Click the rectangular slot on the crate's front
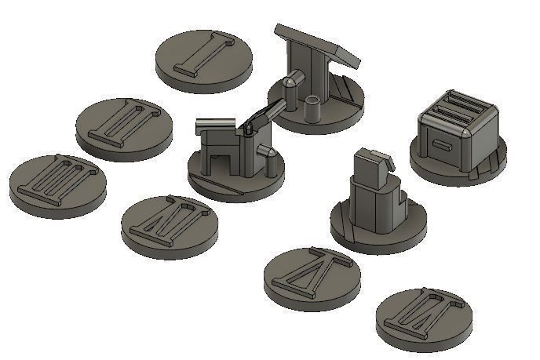pyautogui.click(x=442, y=144)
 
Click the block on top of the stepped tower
pyautogui.click(x=369, y=165)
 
